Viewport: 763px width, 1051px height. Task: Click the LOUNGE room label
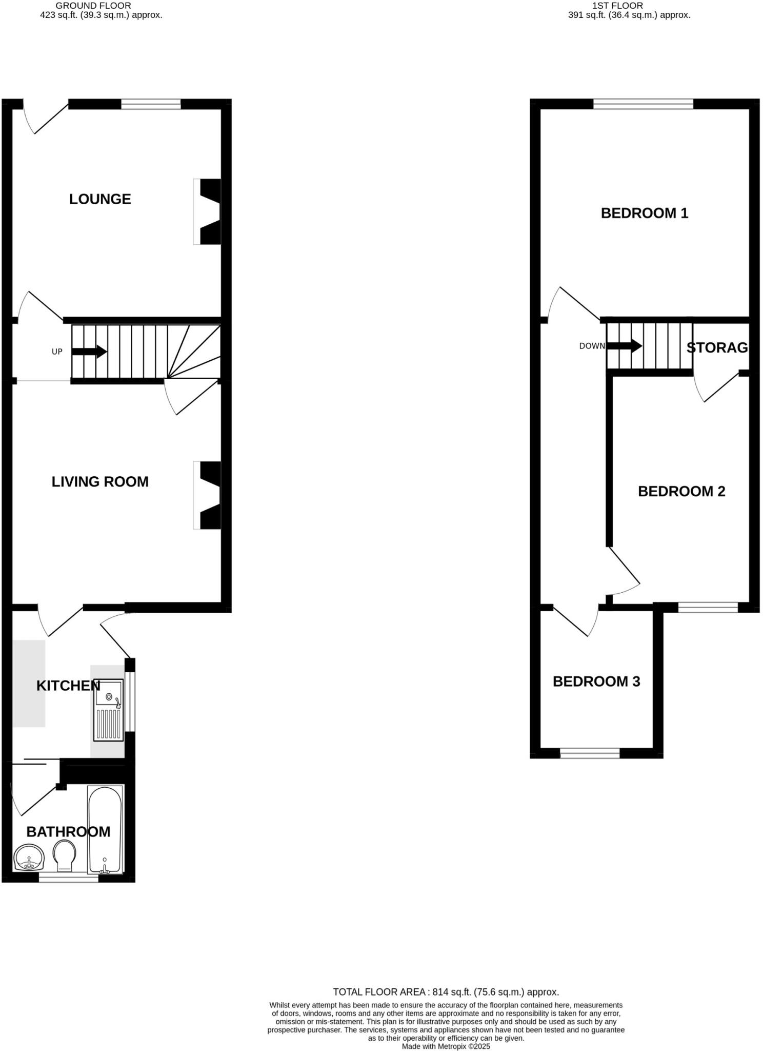pyautogui.click(x=100, y=199)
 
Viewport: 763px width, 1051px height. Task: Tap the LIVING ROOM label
pyautogui.click(x=100, y=482)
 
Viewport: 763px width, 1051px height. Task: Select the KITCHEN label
pyautogui.click(x=68, y=686)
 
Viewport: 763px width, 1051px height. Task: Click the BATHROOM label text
pyautogui.click(x=68, y=832)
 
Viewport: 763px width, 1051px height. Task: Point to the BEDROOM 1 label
pyautogui.click(x=645, y=213)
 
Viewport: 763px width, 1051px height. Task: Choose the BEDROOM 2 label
pyautogui.click(x=681, y=492)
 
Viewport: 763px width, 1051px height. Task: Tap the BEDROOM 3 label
pyautogui.click(x=596, y=682)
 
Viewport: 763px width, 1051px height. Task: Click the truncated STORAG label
pyautogui.click(x=717, y=348)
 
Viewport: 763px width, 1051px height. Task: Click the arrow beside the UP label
pyautogui.click(x=89, y=352)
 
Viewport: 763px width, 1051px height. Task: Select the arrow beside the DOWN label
pyautogui.click(x=624, y=346)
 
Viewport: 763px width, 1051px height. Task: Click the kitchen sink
pyautogui.click(x=108, y=710)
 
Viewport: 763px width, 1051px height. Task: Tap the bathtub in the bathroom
pyautogui.click(x=105, y=830)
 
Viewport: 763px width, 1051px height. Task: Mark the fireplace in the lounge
pyautogui.click(x=208, y=211)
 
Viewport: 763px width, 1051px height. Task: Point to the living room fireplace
pyautogui.click(x=208, y=495)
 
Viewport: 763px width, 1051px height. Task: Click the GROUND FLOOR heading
pyautogui.click(x=93, y=6)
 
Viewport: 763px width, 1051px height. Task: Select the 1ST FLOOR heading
pyautogui.click(x=617, y=6)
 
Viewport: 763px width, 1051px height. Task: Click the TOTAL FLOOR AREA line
pyautogui.click(x=446, y=992)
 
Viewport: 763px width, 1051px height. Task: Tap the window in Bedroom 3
pyautogui.click(x=590, y=753)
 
